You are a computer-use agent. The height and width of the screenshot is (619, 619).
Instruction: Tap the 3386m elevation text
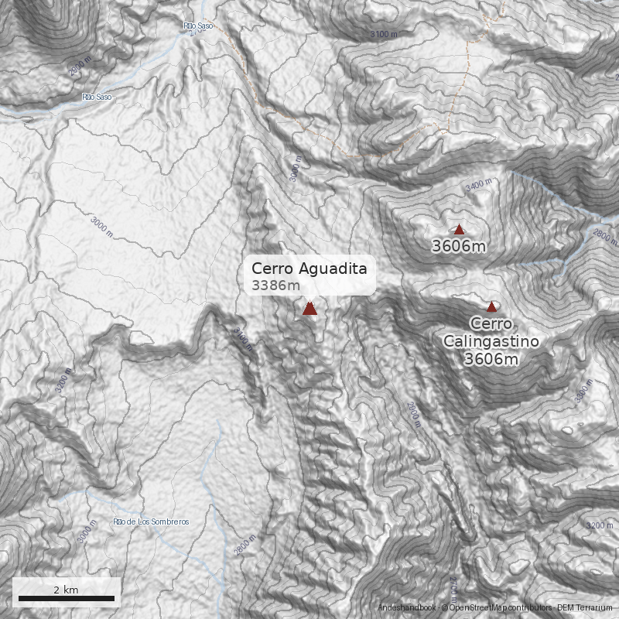point(275,286)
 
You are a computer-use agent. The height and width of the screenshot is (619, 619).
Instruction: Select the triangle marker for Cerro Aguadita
point(309,309)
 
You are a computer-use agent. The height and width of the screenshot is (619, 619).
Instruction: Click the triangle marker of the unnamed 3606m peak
point(459,229)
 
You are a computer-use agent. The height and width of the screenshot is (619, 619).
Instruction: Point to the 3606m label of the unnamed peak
point(459,247)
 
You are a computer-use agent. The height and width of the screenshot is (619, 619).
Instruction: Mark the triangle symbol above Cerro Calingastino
point(491,306)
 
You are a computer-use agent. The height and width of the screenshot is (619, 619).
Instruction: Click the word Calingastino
point(491,341)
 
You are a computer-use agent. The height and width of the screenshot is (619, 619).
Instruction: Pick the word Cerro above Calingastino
point(491,324)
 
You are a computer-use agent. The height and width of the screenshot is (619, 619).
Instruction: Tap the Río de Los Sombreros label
point(151,522)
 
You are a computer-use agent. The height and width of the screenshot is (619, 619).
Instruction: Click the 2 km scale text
point(66,590)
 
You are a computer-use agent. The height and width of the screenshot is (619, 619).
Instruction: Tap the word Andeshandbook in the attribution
point(406,608)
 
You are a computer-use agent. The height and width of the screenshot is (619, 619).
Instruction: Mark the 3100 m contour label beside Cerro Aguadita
point(243,339)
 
